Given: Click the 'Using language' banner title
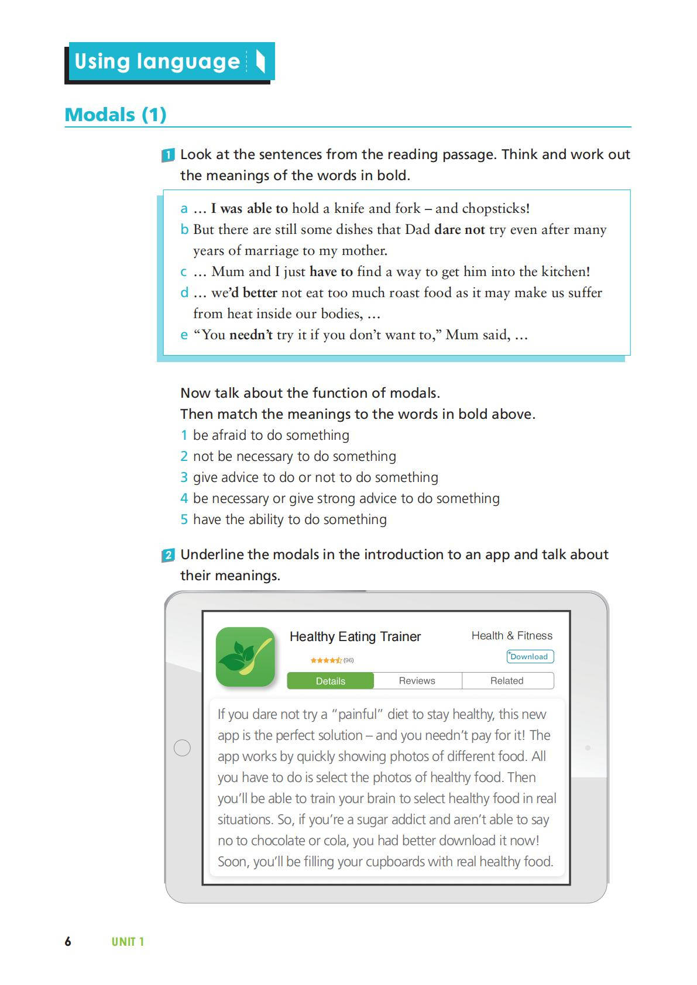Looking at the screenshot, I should (x=157, y=61).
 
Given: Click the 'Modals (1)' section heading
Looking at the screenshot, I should (x=115, y=115).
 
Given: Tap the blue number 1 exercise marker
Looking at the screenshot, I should (x=168, y=155).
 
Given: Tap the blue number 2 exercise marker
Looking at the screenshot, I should (x=168, y=555).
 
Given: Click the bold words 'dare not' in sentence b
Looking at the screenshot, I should (x=459, y=230).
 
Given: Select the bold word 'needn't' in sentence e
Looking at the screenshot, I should (x=251, y=335).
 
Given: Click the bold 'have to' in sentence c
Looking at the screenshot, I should (x=331, y=272).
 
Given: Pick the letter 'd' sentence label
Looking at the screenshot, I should (x=184, y=293).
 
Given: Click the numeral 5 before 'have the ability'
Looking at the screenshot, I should (x=184, y=519).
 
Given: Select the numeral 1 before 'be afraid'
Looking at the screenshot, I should (x=184, y=435).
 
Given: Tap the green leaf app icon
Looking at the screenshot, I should (x=245, y=657).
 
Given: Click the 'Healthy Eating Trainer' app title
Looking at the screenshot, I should (x=355, y=636).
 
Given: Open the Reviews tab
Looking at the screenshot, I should (x=417, y=681).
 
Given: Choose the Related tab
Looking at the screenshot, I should (x=507, y=681).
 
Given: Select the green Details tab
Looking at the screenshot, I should (x=330, y=681).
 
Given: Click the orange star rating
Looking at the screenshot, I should (x=326, y=660).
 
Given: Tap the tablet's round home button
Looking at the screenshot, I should (x=183, y=748).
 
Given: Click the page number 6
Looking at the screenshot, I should (x=68, y=942).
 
